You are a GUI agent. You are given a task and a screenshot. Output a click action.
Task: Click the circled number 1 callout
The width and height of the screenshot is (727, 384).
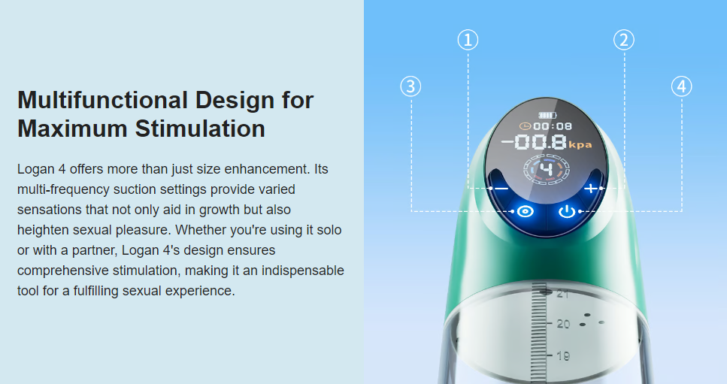pos(468,40)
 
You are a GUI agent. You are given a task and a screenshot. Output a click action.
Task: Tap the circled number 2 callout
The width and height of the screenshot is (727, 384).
pos(623,40)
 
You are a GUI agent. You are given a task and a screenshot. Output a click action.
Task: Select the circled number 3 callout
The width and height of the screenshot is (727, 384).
pos(410,86)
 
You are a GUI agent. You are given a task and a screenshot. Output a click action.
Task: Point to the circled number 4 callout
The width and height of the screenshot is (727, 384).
pos(682,86)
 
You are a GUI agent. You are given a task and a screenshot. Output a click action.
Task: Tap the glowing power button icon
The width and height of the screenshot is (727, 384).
pos(567,212)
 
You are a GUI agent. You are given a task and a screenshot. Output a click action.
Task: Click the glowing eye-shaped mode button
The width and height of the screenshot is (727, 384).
pos(526,212)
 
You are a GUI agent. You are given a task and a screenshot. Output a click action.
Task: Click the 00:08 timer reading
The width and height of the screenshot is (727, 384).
pos(553,126)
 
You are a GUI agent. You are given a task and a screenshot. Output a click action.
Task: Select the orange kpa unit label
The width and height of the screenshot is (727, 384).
pos(580,145)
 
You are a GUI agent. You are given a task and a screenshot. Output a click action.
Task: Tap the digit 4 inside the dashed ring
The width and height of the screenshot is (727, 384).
pos(547,169)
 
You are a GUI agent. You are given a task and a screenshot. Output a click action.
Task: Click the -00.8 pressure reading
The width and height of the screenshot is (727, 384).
pos(535,142)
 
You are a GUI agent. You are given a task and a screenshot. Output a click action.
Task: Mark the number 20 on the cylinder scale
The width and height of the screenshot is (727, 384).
pos(563,324)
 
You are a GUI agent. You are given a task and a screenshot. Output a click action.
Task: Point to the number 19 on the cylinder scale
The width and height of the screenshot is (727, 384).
pos(563,355)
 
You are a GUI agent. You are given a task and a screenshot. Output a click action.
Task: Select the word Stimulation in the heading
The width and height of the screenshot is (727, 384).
pos(200,129)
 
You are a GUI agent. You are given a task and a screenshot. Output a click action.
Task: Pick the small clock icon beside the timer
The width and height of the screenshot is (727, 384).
pos(525,126)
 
